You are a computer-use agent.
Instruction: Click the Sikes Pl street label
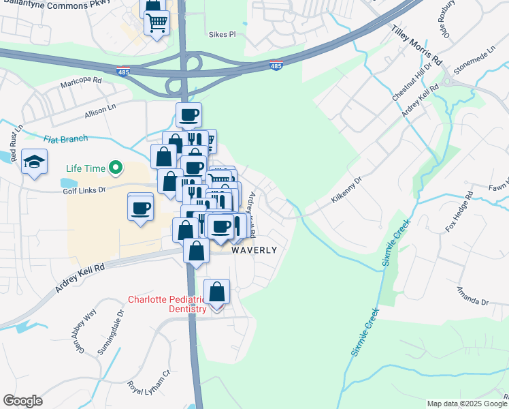(222, 33)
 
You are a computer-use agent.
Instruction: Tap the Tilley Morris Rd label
(416, 46)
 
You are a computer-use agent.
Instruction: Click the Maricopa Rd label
(81, 80)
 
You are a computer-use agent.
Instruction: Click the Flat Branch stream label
(66, 139)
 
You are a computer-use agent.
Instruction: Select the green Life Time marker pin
(116, 167)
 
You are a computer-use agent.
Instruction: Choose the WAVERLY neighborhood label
(255, 250)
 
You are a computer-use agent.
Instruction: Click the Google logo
(23, 401)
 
